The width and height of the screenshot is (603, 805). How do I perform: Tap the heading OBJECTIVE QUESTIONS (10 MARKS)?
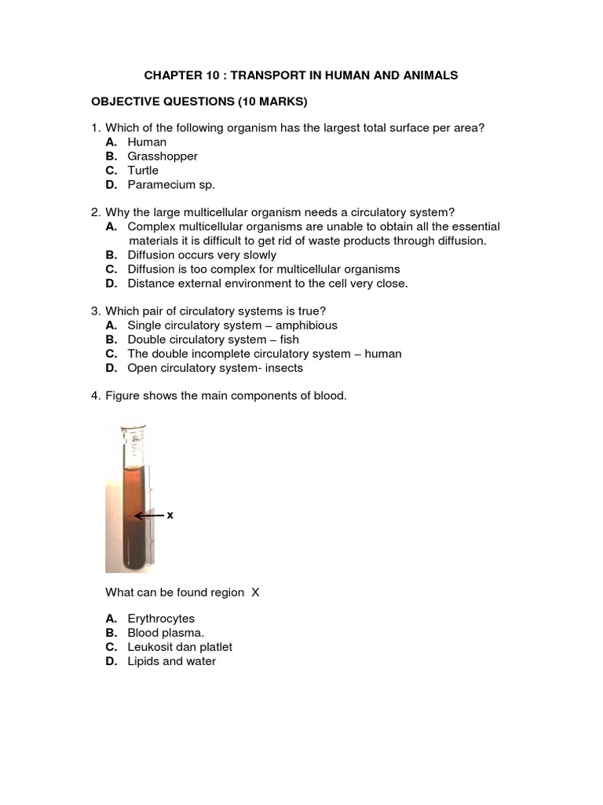199,101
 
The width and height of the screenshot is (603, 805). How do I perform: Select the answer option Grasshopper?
163,156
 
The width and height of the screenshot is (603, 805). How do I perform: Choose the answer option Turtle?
143,171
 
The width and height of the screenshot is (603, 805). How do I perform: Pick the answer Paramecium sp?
170,185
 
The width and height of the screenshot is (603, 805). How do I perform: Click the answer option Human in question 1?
147,142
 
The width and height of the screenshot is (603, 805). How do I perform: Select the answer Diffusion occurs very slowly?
202,255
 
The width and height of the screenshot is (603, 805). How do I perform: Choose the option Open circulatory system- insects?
214,368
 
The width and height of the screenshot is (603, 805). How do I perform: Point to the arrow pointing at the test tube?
148,516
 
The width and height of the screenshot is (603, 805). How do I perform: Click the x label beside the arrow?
170,515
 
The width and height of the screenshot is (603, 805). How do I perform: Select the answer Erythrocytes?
161,619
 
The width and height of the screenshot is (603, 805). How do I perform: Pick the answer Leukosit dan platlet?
180,647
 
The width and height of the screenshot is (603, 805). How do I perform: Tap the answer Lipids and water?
171,661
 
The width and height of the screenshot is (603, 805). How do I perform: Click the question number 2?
95,212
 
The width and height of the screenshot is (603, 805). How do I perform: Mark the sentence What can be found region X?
181,592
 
